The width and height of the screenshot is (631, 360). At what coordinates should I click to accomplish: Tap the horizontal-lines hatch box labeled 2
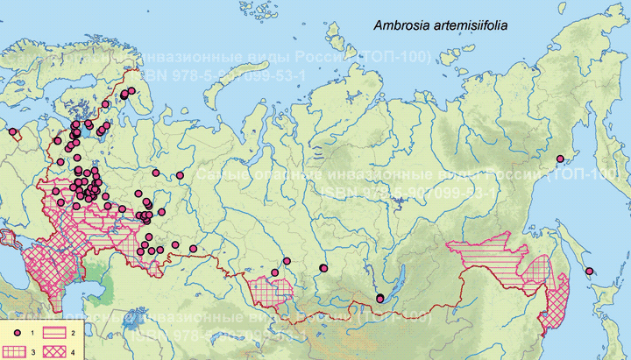(57, 335)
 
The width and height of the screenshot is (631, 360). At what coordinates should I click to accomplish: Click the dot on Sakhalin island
(590, 271)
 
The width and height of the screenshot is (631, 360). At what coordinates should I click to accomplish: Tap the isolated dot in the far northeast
(559, 159)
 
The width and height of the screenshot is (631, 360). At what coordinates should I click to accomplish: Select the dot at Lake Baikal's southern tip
(379, 299)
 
